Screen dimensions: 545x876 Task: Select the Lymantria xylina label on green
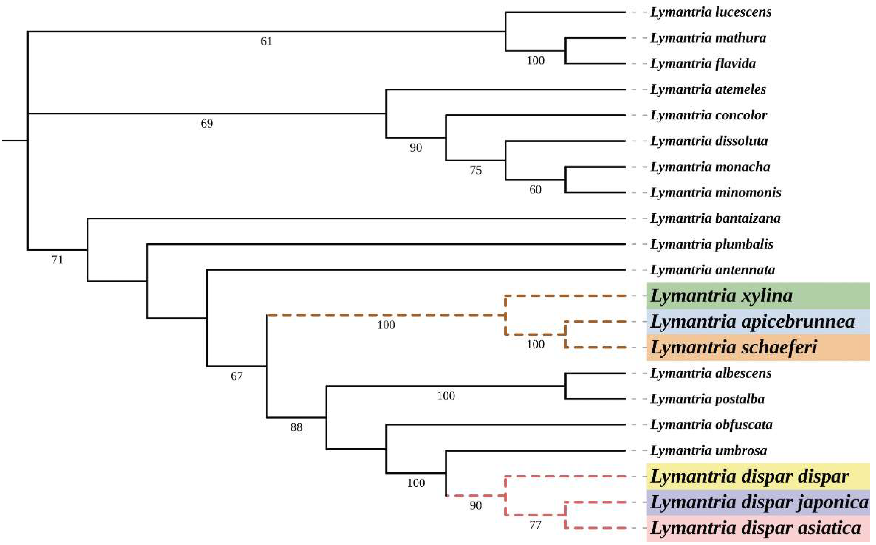coord(721,296)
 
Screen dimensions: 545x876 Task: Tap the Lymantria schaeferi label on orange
coord(734,348)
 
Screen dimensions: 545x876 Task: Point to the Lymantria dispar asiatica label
coord(755,528)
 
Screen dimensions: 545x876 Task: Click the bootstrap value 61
coord(266,41)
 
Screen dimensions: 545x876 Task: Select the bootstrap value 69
coord(207,124)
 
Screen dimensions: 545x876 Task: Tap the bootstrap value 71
coord(57,260)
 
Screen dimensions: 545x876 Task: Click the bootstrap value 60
coord(535,190)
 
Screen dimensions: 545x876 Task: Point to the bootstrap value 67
coord(236,376)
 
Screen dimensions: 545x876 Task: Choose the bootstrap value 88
coord(296,427)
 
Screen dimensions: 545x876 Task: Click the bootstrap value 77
coord(535,525)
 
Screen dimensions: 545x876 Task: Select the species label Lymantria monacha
coord(710,167)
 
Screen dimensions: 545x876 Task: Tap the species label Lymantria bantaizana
coord(715,218)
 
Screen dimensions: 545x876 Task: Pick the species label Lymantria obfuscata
coord(711,424)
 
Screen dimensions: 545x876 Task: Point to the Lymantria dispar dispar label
coord(750,476)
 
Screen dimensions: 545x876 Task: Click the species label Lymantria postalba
coord(707,399)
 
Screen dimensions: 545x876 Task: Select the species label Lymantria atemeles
coord(708,89)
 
